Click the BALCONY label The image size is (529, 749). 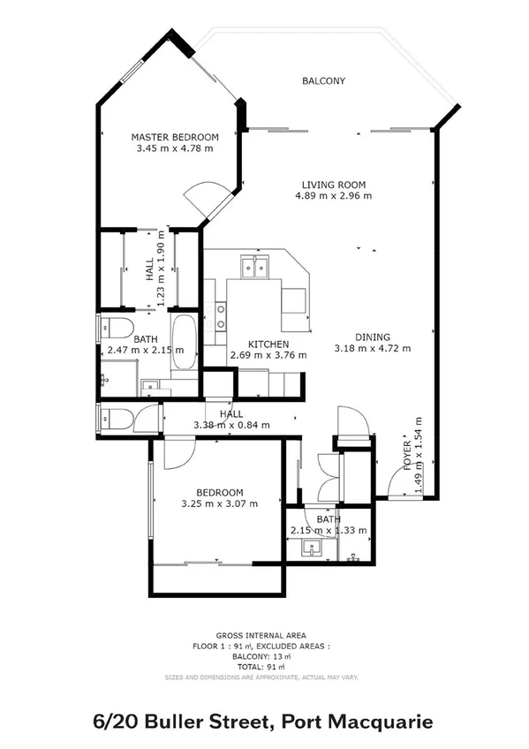[x=323, y=81]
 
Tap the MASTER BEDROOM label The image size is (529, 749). [x=175, y=137]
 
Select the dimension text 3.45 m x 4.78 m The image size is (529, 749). [x=175, y=149]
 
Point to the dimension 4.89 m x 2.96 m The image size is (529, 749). [x=334, y=195]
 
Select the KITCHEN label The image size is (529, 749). [x=268, y=344]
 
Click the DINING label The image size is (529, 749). [x=372, y=336]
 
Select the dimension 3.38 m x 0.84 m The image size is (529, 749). [x=231, y=425]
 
